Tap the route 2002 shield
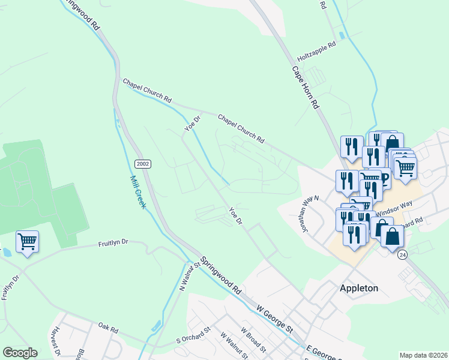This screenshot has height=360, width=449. pos(143,163)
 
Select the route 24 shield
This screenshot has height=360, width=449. pos(401,254)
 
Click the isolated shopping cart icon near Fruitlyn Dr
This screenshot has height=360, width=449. pos(27,242)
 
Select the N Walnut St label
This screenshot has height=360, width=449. pos(190,277)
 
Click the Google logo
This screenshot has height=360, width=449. pos(20,353)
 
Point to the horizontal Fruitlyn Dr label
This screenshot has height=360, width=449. pos(113,244)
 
